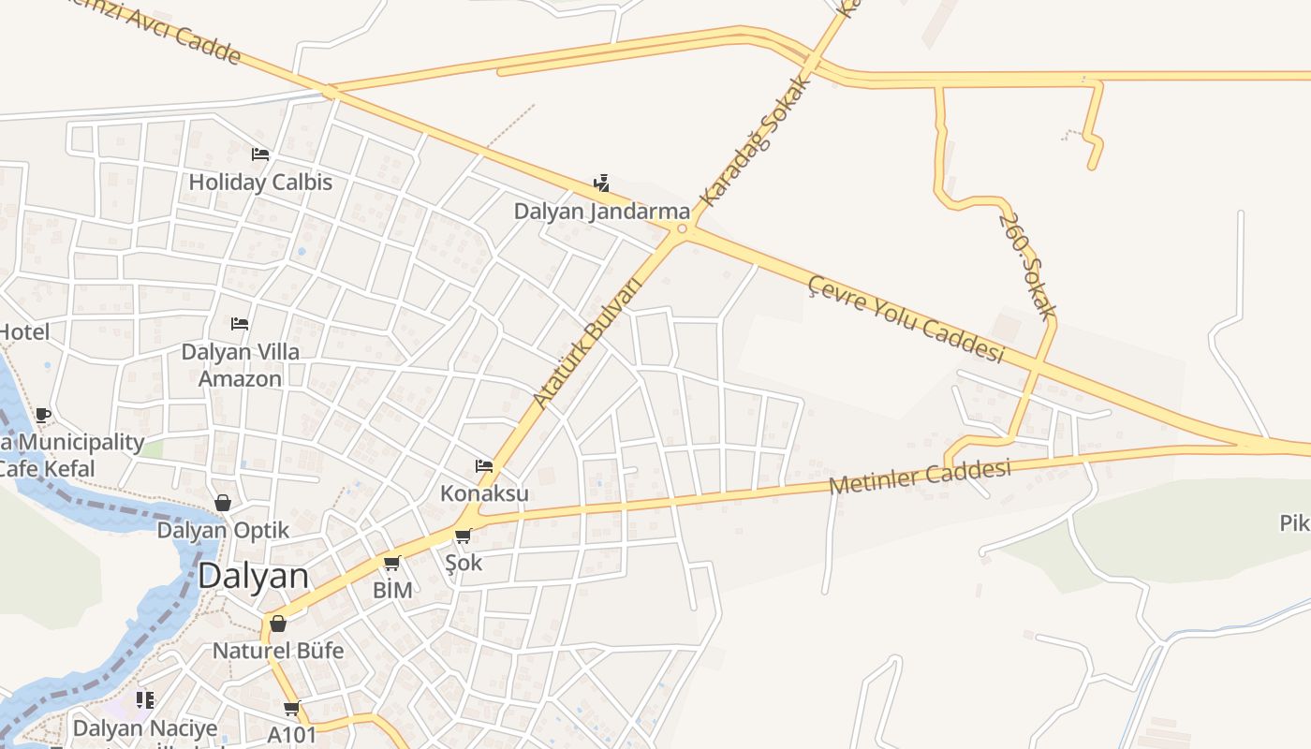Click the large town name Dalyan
(x=253, y=576)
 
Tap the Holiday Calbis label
(x=260, y=182)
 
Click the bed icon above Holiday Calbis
(x=260, y=154)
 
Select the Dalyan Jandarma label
(x=601, y=212)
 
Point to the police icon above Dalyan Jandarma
(x=601, y=183)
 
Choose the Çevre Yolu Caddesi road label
(x=906, y=318)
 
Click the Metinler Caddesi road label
(x=920, y=477)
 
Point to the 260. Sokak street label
(x=1026, y=267)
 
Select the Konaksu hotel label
(x=484, y=493)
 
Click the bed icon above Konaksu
(x=484, y=465)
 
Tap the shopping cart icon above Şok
(x=463, y=536)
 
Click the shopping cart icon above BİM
(x=392, y=564)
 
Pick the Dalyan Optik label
(x=223, y=530)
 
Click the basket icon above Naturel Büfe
(x=278, y=624)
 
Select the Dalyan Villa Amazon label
(x=241, y=365)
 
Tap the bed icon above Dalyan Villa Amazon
(x=240, y=324)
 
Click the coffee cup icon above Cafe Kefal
(x=42, y=415)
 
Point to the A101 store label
(x=292, y=734)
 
